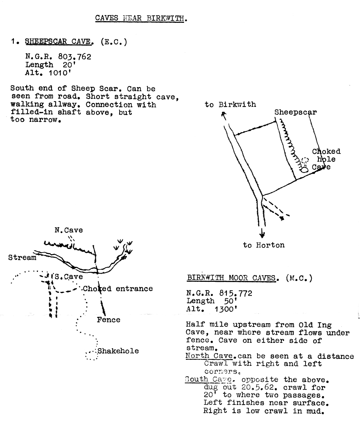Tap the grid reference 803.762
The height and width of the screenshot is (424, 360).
(75, 57)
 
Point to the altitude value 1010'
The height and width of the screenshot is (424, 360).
(60, 73)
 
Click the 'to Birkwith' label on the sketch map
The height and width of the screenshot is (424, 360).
(230, 105)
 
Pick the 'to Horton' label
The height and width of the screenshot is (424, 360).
(264, 245)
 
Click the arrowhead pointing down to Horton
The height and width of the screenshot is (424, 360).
(262, 235)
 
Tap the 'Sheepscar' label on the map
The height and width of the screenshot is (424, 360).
(296, 112)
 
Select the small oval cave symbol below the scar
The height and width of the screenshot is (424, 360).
(305, 170)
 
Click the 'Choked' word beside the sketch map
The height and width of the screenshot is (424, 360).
(326, 152)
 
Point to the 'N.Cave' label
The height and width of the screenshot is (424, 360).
(69, 230)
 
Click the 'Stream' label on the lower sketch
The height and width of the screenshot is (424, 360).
(22, 257)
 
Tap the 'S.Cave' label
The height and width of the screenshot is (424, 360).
(69, 277)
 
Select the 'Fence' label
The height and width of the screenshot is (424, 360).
(108, 320)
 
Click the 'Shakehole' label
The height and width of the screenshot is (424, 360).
(118, 351)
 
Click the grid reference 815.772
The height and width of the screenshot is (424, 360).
(236, 293)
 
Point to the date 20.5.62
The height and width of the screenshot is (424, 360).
(258, 387)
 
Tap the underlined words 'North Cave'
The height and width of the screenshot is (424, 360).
(209, 356)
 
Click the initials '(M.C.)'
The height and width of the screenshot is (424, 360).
(299, 278)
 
